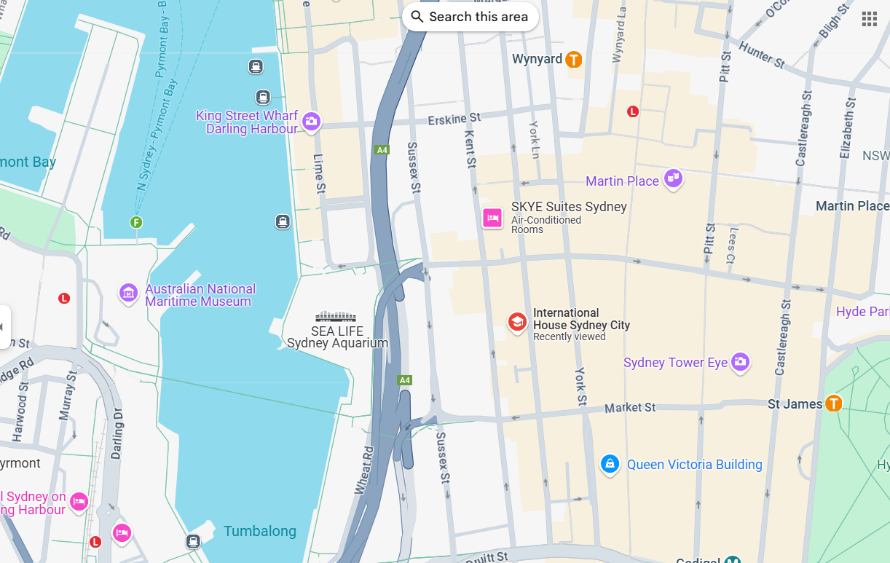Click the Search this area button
tap(470, 17)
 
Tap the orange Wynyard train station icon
tap(574, 60)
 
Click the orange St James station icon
tap(833, 403)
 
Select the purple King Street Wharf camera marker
tap(312, 122)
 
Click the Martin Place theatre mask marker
tap(674, 178)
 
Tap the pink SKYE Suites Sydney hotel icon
tap(492, 218)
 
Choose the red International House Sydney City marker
tap(517, 322)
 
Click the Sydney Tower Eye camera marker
tap(740, 361)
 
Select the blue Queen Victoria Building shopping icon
tap(610, 463)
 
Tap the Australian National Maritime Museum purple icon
tap(129, 294)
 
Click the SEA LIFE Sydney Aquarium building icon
tap(336, 316)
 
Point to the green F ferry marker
tap(136, 222)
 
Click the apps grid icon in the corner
tap(869, 19)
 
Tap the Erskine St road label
tap(454, 118)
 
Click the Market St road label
tap(630, 407)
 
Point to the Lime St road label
tap(319, 173)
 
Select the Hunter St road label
tap(761, 55)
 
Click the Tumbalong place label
tap(260, 531)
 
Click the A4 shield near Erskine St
tap(382, 150)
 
